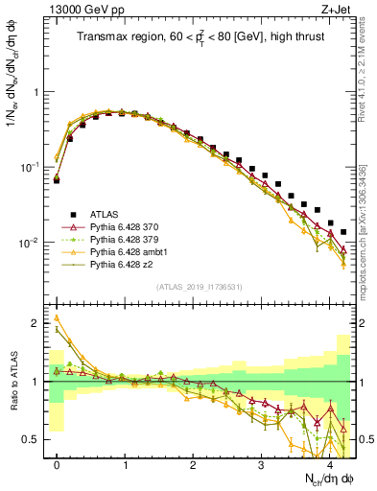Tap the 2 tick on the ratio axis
point(38,324)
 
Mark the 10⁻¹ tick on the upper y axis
point(32,167)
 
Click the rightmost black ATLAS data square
point(343,232)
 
